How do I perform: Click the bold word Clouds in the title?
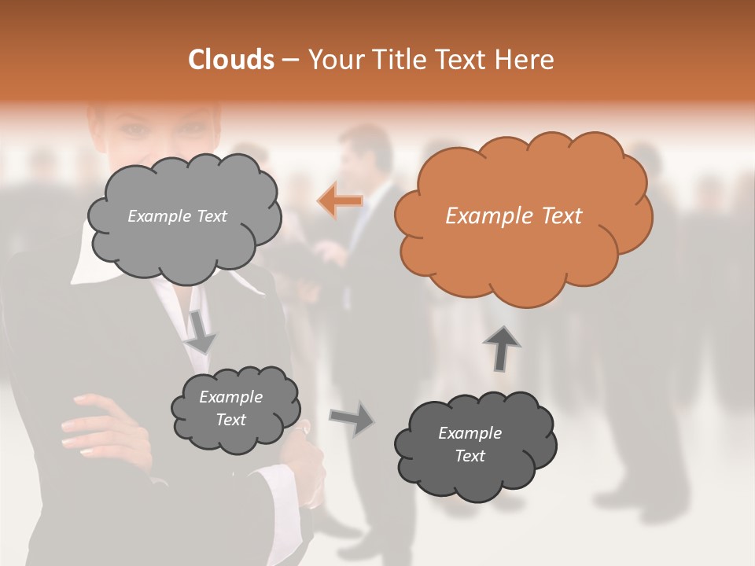[231, 59]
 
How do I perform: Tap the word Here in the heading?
[525, 59]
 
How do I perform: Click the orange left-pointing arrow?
[341, 201]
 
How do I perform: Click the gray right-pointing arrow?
[352, 417]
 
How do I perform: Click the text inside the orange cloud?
[514, 215]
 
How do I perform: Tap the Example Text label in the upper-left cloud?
[177, 215]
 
